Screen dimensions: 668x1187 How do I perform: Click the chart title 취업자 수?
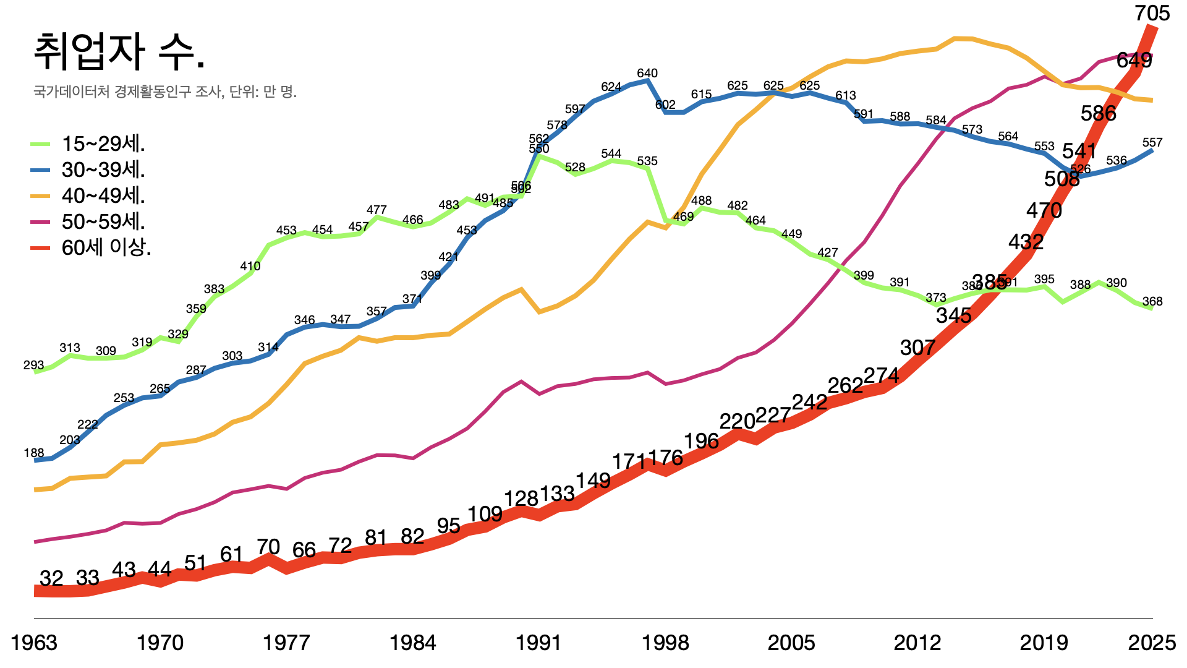coord(119,52)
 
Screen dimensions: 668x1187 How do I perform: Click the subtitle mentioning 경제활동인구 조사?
coord(164,92)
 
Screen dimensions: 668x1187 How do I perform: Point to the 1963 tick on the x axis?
coord(34,643)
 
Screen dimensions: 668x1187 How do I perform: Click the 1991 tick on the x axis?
coord(538,643)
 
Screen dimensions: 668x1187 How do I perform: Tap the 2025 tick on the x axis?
coord(1152,643)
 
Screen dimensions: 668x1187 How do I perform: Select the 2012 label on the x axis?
coord(917,643)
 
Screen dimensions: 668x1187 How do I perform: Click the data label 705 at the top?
coord(1152,14)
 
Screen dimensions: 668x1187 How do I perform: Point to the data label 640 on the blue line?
coord(647,74)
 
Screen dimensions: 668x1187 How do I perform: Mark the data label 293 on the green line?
coord(33,366)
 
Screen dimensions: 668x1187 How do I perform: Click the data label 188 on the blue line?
coord(33,453)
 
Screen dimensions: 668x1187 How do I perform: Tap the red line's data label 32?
coord(51,578)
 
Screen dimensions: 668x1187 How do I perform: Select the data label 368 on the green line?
coord(1152,302)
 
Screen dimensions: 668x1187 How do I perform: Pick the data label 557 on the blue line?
coord(1152,143)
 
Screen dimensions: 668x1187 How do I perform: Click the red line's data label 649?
coord(1134,61)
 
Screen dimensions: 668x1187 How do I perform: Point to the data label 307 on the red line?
coord(917,348)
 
